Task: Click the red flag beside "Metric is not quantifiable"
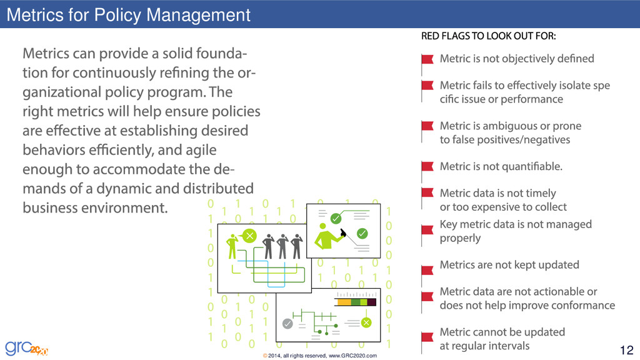click(x=427, y=167)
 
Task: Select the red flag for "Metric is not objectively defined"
click(x=427, y=60)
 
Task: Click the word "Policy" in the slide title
click(x=117, y=14)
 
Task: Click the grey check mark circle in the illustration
click(x=287, y=324)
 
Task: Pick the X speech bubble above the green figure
click(x=249, y=236)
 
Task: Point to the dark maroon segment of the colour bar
click(x=371, y=302)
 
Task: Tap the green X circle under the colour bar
click(x=366, y=322)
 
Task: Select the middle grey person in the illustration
click(x=282, y=245)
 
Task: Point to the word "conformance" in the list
click(x=581, y=306)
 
